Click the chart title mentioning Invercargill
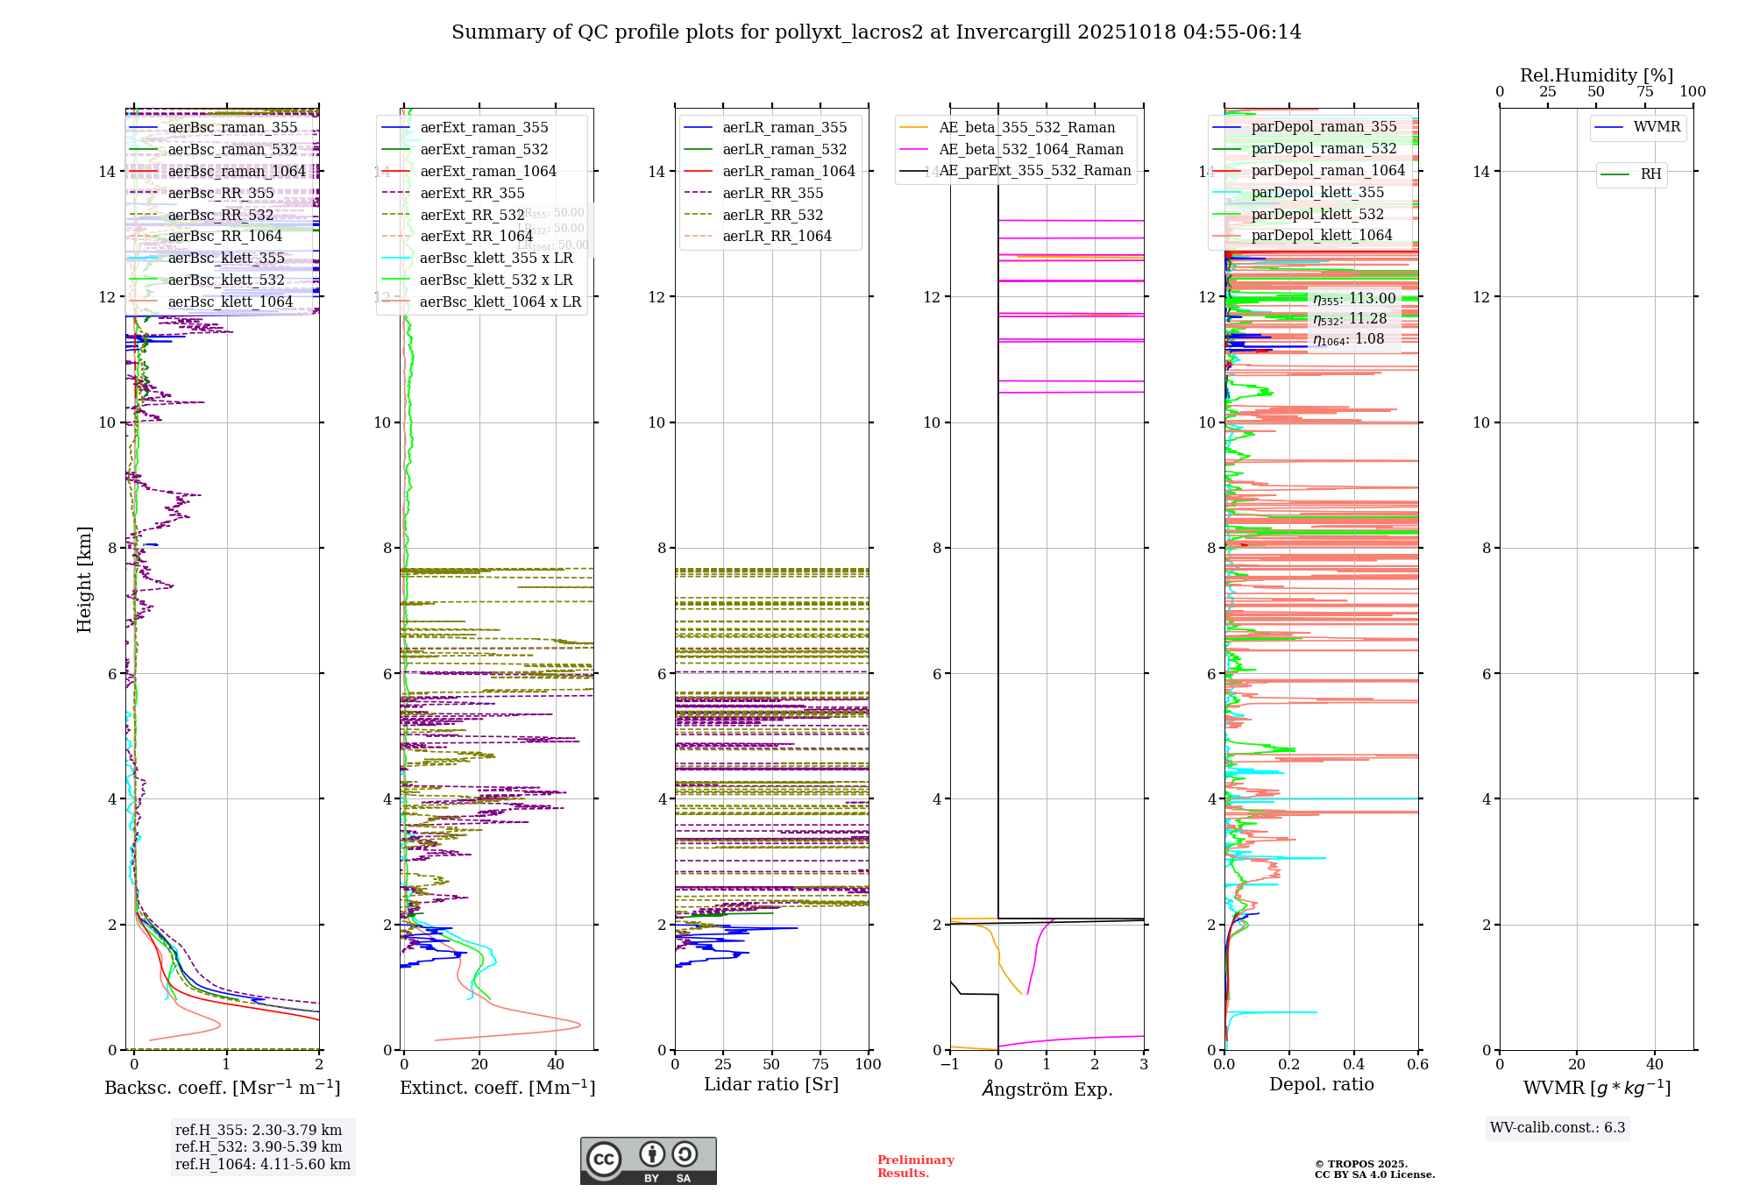(876, 32)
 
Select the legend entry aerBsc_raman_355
(232, 128)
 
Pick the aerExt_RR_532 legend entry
(472, 215)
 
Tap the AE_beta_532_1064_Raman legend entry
(1031, 150)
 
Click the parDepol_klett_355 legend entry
(1317, 193)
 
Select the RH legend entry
(1650, 174)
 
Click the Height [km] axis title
(84, 578)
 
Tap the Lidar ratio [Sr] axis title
(771, 1085)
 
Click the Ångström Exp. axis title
(1047, 1089)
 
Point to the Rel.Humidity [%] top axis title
(1596, 75)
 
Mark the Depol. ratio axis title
(1321, 1085)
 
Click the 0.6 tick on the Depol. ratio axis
(1417, 1065)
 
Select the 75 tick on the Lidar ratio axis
(820, 1065)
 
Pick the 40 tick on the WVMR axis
(1654, 1065)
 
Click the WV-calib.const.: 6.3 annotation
(1558, 1128)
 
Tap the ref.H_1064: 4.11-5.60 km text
(263, 1165)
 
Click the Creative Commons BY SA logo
(648, 1161)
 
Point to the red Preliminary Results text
(915, 1167)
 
